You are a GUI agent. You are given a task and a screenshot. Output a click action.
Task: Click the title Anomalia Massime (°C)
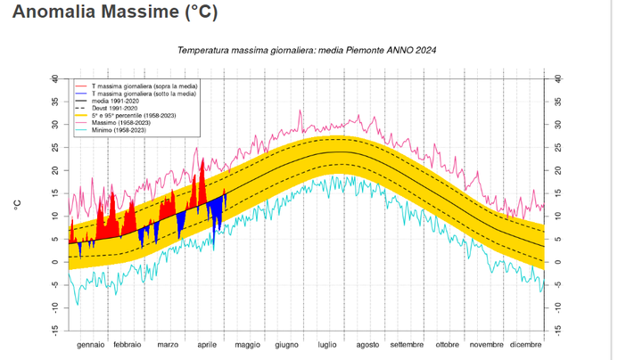[x=114, y=13]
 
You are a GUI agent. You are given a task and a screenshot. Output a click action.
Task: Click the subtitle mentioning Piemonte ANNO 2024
[x=307, y=52]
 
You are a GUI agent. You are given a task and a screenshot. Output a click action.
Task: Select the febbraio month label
[x=128, y=345]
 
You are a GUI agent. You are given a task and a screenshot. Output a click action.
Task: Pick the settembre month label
[x=407, y=345]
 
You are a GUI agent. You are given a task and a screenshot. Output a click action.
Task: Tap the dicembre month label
[x=526, y=345]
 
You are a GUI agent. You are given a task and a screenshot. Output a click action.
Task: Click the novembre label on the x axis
[x=486, y=345]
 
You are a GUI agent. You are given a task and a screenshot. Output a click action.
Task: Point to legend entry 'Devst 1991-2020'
[x=117, y=106]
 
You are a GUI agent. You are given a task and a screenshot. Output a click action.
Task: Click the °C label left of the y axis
[x=17, y=204]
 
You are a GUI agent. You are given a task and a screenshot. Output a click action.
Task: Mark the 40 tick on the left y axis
[x=54, y=78]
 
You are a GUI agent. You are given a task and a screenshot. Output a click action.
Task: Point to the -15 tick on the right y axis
[x=557, y=330]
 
